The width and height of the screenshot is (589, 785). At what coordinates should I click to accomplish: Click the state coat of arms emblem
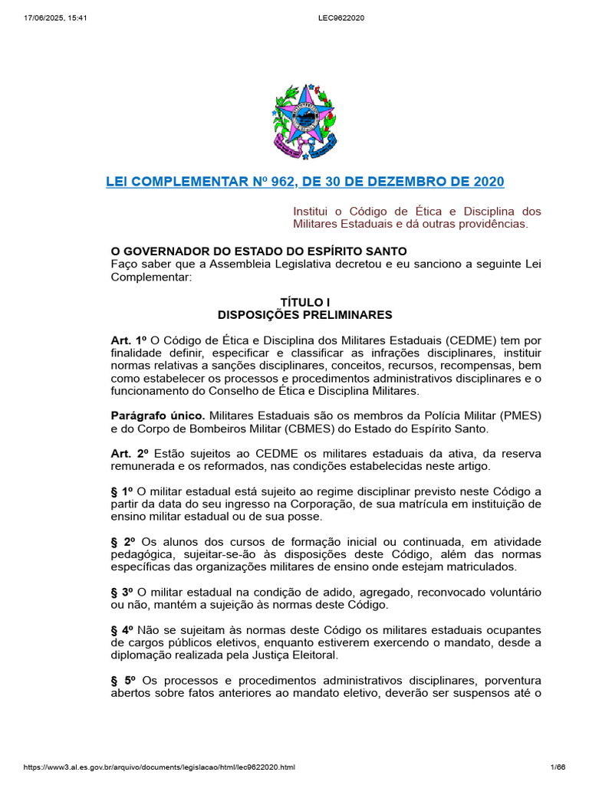(x=304, y=122)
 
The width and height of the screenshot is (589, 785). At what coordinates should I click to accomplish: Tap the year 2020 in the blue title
(x=489, y=182)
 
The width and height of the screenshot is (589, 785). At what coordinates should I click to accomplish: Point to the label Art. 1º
(x=128, y=340)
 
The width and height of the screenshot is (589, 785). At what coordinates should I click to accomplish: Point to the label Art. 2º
(x=128, y=454)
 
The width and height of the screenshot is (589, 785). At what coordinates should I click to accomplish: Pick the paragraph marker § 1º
(x=123, y=491)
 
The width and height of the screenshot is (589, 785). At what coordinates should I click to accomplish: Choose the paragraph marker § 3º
(x=123, y=593)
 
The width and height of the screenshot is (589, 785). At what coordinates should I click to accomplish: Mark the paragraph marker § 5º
(x=124, y=681)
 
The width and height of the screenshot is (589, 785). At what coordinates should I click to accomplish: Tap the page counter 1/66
(x=558, y=767)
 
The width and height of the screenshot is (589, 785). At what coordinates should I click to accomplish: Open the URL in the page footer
(x=159, y=767)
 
